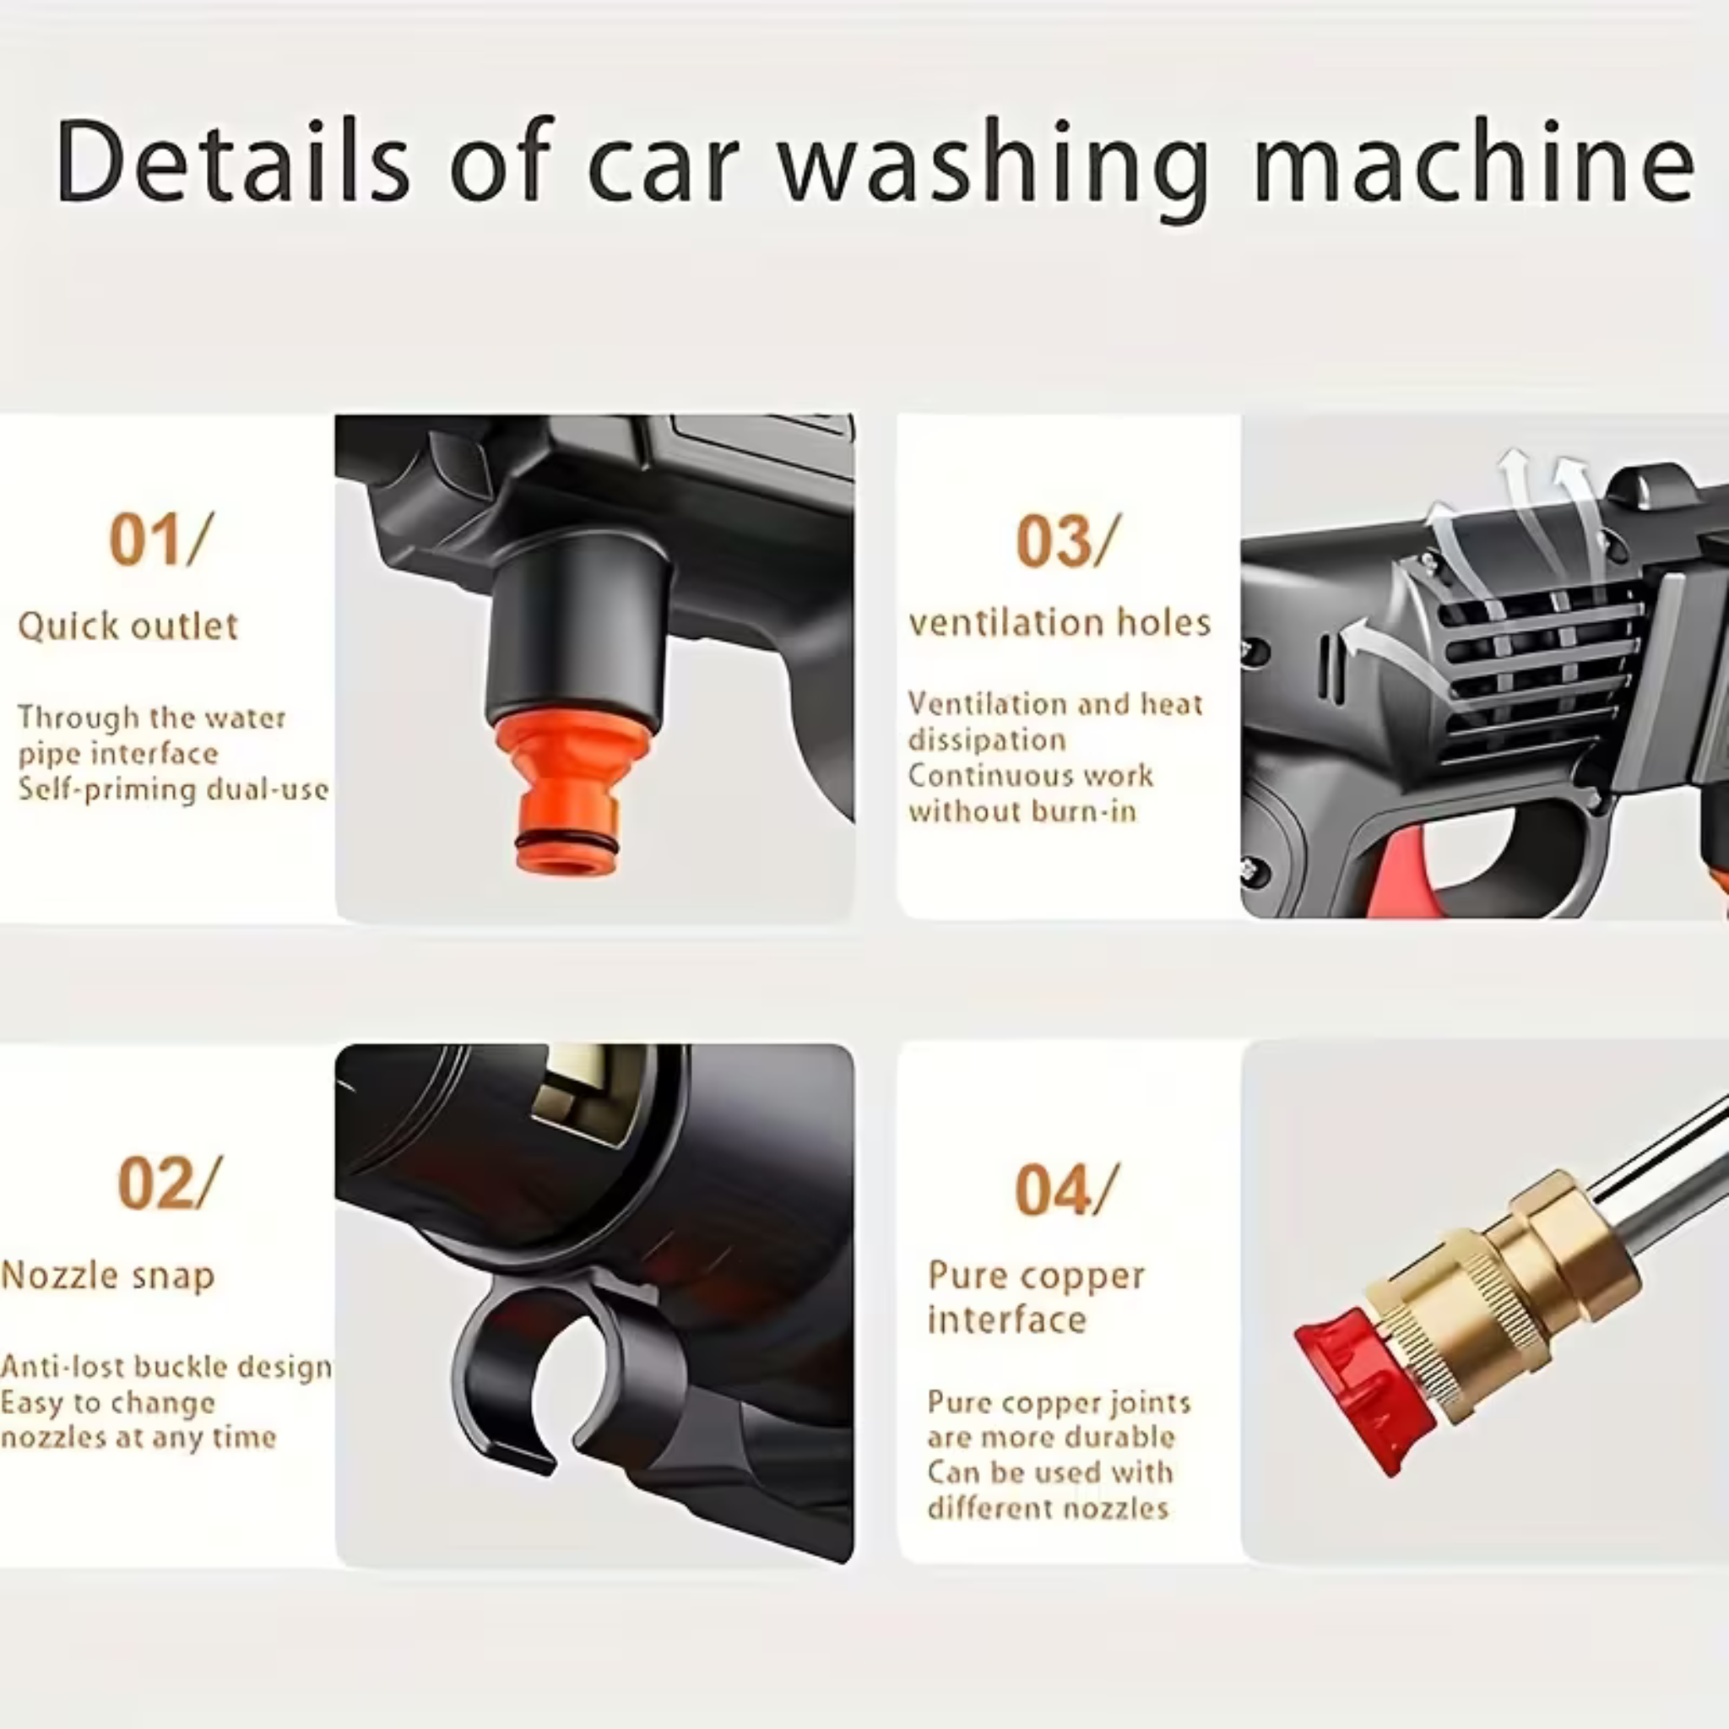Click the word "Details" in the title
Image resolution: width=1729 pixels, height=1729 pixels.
232,161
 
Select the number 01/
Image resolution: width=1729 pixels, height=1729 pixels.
161,539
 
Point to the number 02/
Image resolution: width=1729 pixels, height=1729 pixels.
169,1183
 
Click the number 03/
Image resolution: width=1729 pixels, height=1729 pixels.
1068,541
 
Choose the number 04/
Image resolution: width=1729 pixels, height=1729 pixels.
1067,1190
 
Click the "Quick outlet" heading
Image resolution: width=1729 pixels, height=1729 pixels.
128,626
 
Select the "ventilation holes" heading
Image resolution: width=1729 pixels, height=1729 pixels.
1060,622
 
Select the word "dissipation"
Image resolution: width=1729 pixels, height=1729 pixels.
987,740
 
